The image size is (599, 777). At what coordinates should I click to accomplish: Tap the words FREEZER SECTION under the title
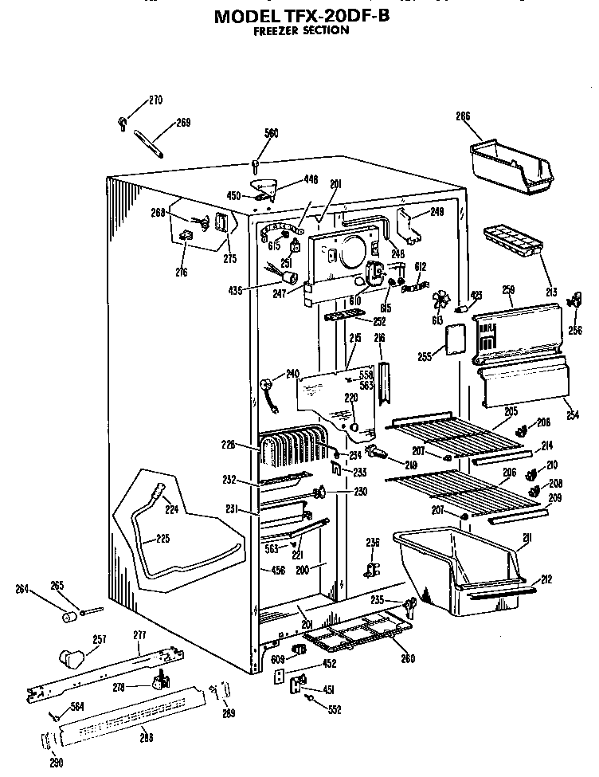click(300, 30)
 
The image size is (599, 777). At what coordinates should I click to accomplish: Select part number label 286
click(463, 116)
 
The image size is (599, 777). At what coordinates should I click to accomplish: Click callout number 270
click(155, 100)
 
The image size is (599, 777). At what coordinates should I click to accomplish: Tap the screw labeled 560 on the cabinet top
click(256, 166)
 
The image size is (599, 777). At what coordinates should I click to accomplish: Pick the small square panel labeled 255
click(454, 338)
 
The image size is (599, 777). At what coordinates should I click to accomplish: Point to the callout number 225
click(162, 539)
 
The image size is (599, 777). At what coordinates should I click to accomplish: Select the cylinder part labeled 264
click(69, 617)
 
